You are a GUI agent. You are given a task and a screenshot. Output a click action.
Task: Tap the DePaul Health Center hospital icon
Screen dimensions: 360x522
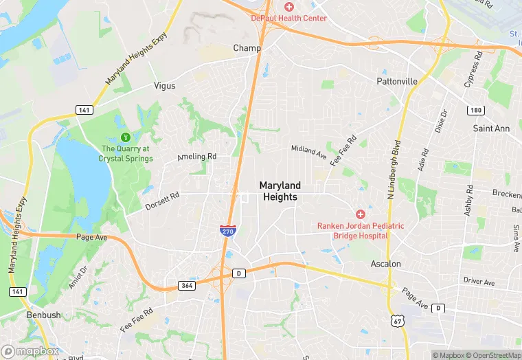point(289,6)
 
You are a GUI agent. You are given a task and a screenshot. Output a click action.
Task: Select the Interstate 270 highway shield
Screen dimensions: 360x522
point(227,231)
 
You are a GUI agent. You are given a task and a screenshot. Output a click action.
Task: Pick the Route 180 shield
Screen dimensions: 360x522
point(475,111)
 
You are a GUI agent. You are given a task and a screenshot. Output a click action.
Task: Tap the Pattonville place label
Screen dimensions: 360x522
point(397,81)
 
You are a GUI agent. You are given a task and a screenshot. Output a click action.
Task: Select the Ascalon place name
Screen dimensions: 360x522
point(385,264)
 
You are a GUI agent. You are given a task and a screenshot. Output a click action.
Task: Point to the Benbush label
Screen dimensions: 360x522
point(43,315)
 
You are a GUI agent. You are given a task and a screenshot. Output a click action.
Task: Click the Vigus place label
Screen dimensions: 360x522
point(165,86)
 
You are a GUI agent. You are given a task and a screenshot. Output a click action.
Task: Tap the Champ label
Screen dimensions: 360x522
point(247,48)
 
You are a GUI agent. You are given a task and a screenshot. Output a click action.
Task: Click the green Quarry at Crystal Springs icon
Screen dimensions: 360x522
point(126,136)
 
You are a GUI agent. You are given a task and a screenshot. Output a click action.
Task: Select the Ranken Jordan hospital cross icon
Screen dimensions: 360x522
point(360,214)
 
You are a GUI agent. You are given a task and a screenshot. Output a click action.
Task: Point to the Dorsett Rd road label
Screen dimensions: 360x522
point(162,199)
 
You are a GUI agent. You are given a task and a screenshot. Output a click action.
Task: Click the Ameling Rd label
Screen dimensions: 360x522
point(197,157)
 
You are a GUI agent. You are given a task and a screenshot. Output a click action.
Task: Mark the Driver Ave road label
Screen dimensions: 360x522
point(479,282)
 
